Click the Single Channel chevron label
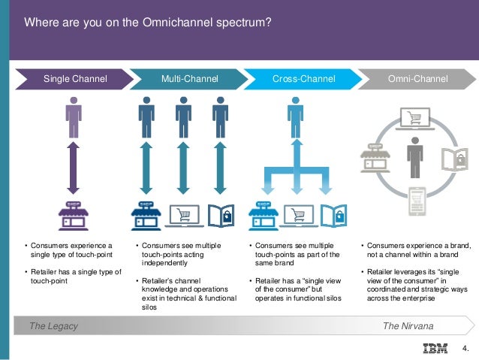coord(75,79)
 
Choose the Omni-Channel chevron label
coord(417,79)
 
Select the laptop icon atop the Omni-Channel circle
coord(415,118)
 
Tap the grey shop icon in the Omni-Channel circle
coord(375,156)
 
